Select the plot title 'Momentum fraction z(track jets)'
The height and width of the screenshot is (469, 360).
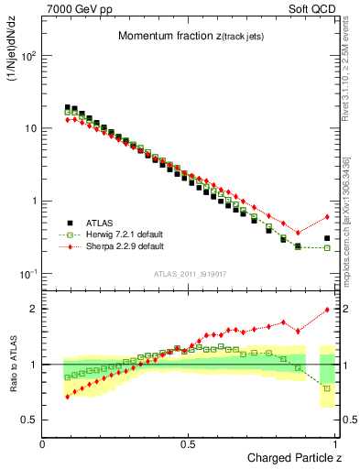(188, 36)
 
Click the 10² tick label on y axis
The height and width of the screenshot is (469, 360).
(29, 56)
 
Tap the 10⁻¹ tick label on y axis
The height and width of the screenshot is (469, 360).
(29, 275)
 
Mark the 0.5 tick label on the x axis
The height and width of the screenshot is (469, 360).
(189, 444)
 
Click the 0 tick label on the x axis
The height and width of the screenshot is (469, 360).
(42, 444)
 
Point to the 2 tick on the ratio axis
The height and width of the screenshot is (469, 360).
(33, 309)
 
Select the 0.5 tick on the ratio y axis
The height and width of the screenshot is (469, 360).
(30, 420)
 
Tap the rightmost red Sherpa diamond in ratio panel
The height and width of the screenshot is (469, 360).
(327, 310)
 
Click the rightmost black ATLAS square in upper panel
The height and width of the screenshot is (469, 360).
(327, 238)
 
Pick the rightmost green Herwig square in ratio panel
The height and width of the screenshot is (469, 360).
(327, 388)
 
